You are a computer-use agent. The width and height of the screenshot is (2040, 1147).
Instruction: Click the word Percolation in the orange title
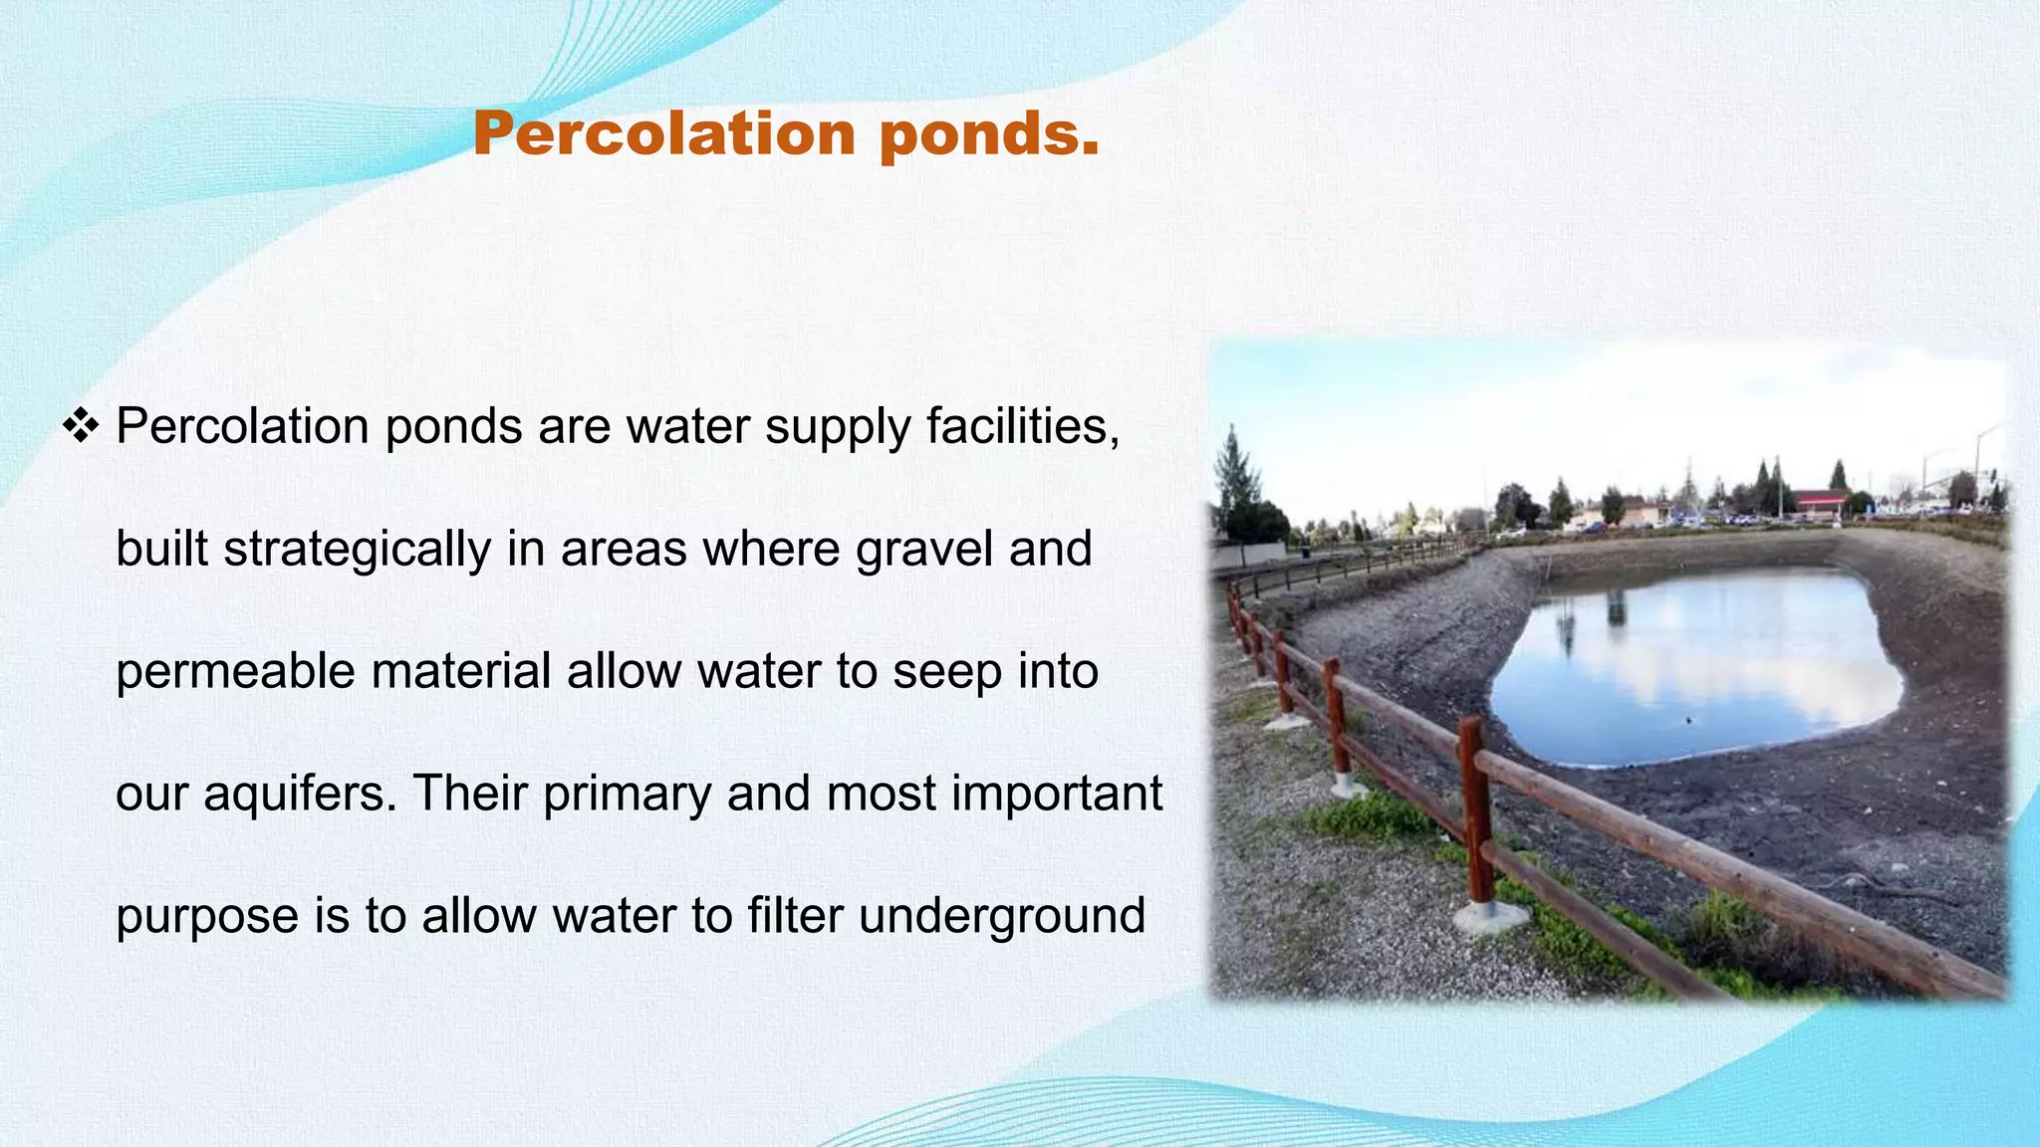point(663,133)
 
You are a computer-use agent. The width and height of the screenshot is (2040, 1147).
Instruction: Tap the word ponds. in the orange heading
point(989,135)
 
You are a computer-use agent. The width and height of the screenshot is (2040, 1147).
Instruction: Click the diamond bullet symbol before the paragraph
point(81,426)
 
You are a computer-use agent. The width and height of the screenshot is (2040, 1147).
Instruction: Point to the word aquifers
point(299,795)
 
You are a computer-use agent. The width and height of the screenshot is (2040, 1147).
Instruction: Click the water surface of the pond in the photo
point(1693,667)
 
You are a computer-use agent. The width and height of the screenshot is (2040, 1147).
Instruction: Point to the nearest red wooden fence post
point(1475,806)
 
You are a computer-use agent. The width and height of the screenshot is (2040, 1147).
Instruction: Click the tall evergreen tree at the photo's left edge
point(1235,478)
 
